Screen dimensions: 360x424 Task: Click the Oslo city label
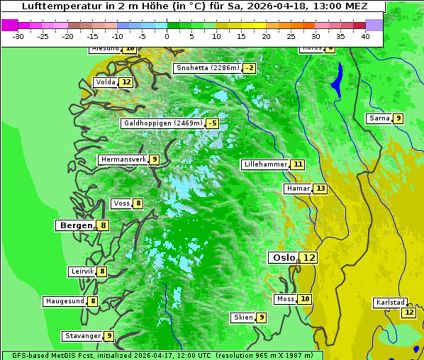coord(284,258)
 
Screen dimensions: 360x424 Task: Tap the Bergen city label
coord(76,225)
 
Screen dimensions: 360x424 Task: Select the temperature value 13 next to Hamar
coord(320,189)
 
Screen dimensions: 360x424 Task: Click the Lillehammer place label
coord(265,164)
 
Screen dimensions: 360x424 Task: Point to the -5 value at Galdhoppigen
coord(212,123)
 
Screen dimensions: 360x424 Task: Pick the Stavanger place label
coord(82,336)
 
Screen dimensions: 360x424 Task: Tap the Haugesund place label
coord(65,301)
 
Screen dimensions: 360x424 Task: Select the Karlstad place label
coord(391,303)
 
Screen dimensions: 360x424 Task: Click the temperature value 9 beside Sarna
coord(398,118)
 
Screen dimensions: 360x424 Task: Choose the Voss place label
coord(121,203)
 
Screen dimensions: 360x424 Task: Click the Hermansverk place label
coord(123,159)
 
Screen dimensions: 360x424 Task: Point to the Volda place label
coord(106,82)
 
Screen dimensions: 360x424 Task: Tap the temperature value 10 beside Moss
coord(305,299)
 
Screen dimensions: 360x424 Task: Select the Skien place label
coord(243,317)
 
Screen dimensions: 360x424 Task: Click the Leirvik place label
coord(82,271)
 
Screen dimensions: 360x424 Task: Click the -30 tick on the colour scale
coord(18,36)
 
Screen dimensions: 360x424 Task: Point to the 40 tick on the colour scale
coord(365,36)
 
